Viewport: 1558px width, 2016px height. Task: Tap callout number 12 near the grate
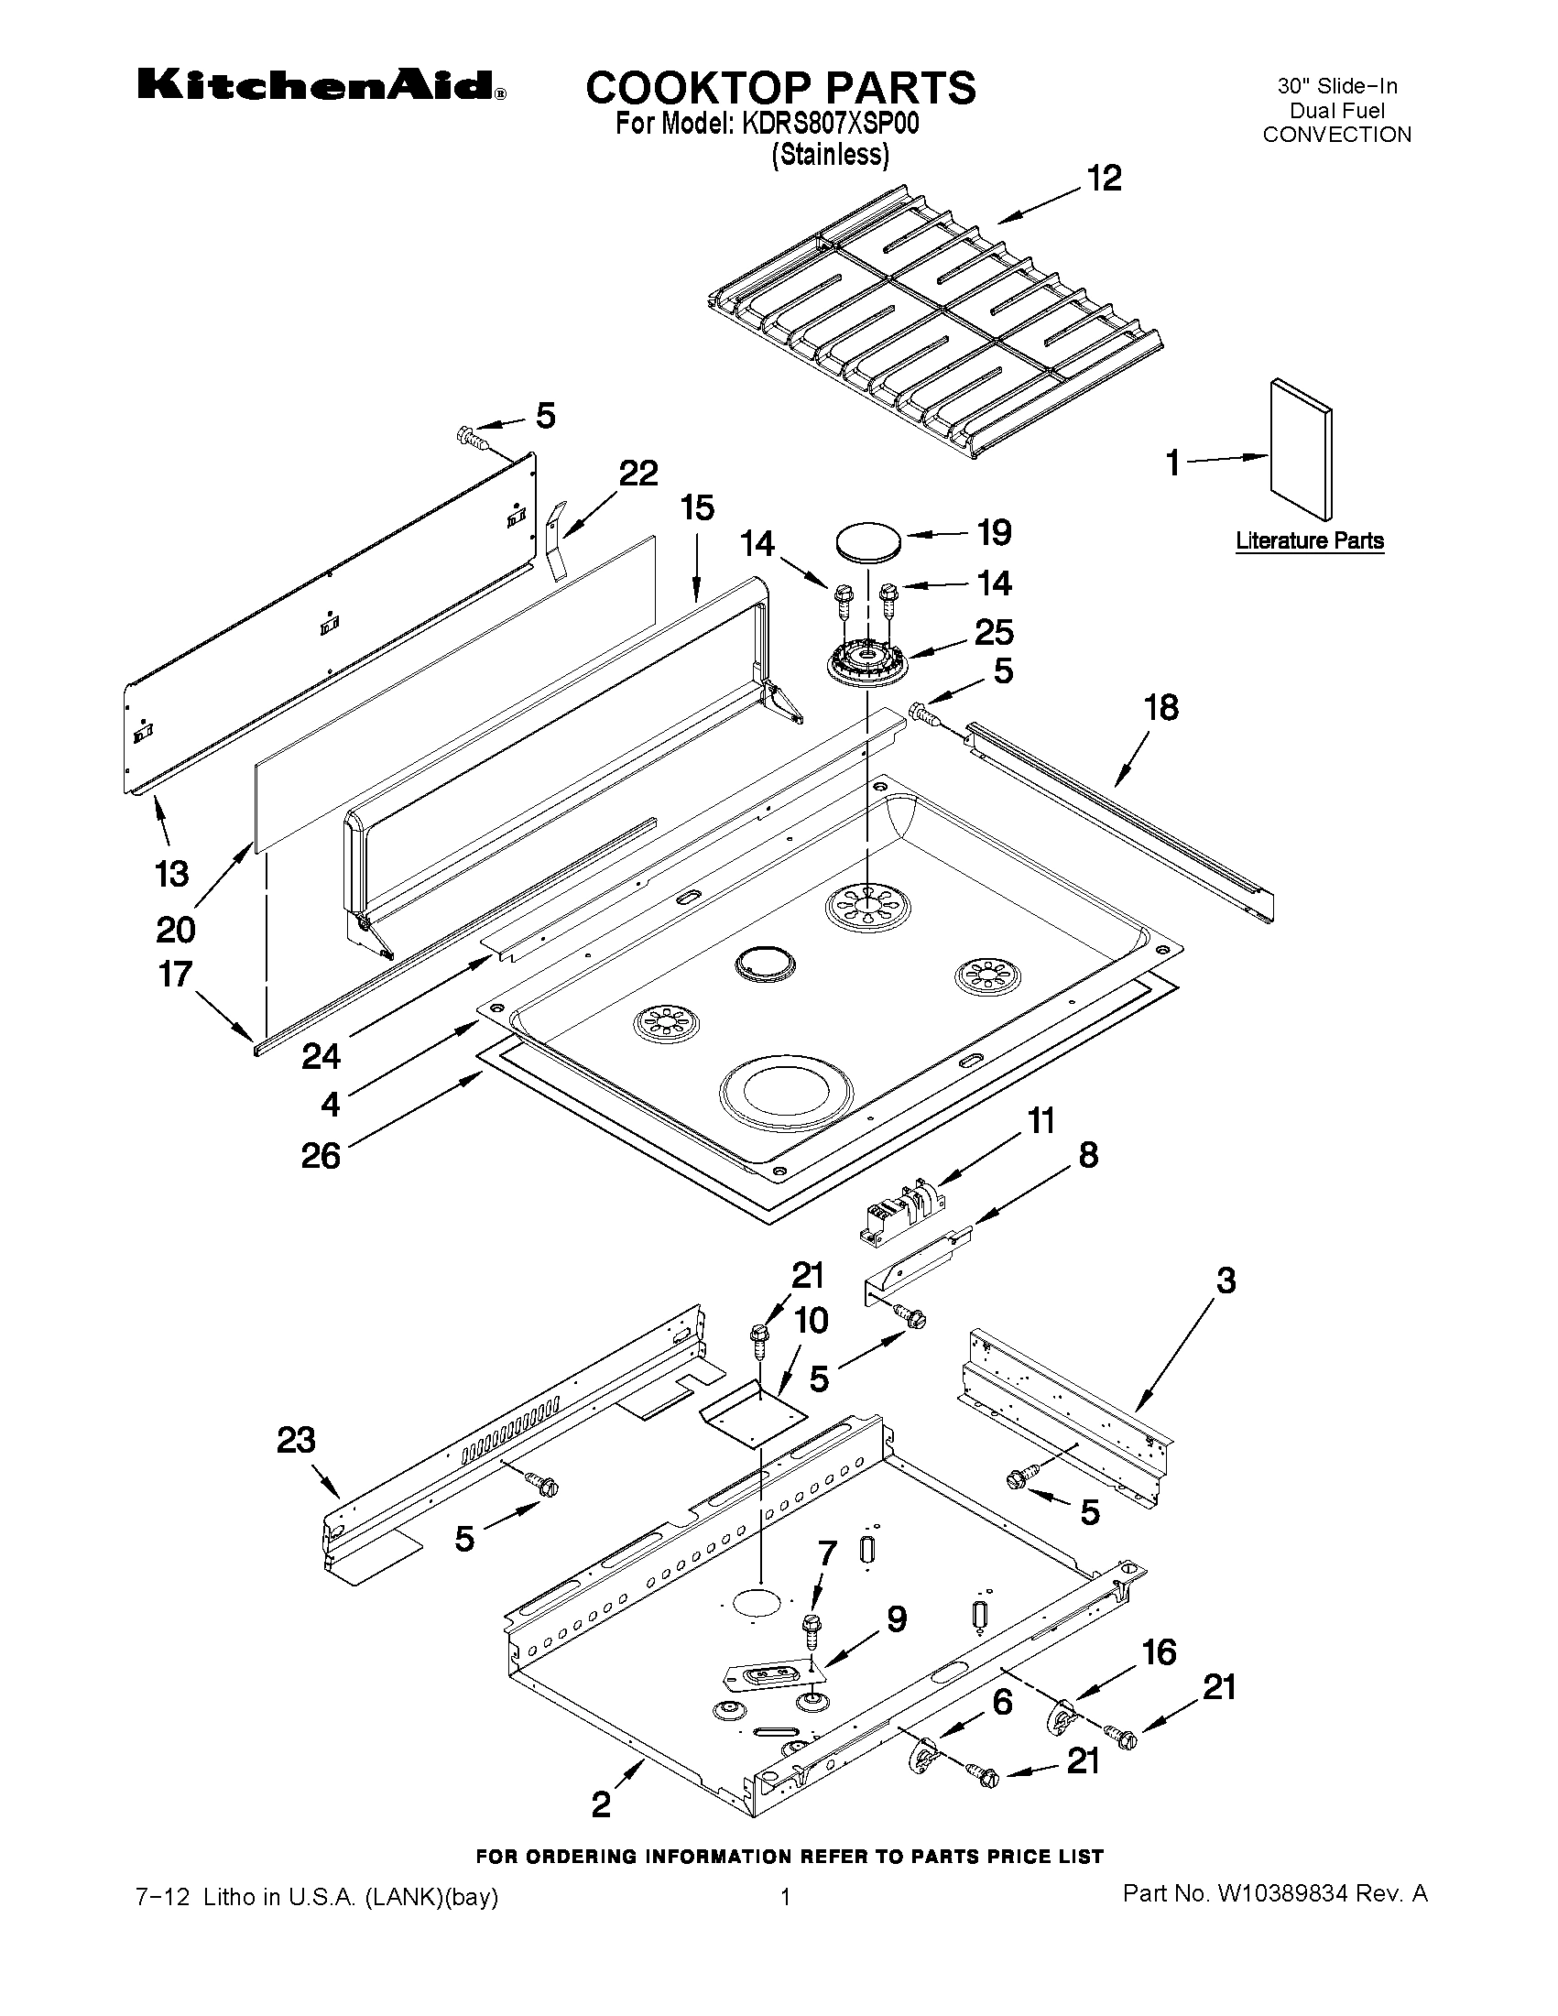[1104, 179]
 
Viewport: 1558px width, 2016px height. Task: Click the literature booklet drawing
[1300, 450]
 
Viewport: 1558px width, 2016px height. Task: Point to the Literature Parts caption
[1309, 541]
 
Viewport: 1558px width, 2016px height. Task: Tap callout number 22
[637, 474]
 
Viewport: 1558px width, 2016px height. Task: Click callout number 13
[172, 873]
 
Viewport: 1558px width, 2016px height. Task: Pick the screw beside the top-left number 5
[474, 436]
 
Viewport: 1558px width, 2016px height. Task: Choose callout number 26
[321, 1156]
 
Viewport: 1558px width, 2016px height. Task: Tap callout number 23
[295, 1440]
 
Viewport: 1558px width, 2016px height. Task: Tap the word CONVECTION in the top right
[1335, 135]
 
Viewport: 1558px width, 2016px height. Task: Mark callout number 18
[1161, 708]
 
